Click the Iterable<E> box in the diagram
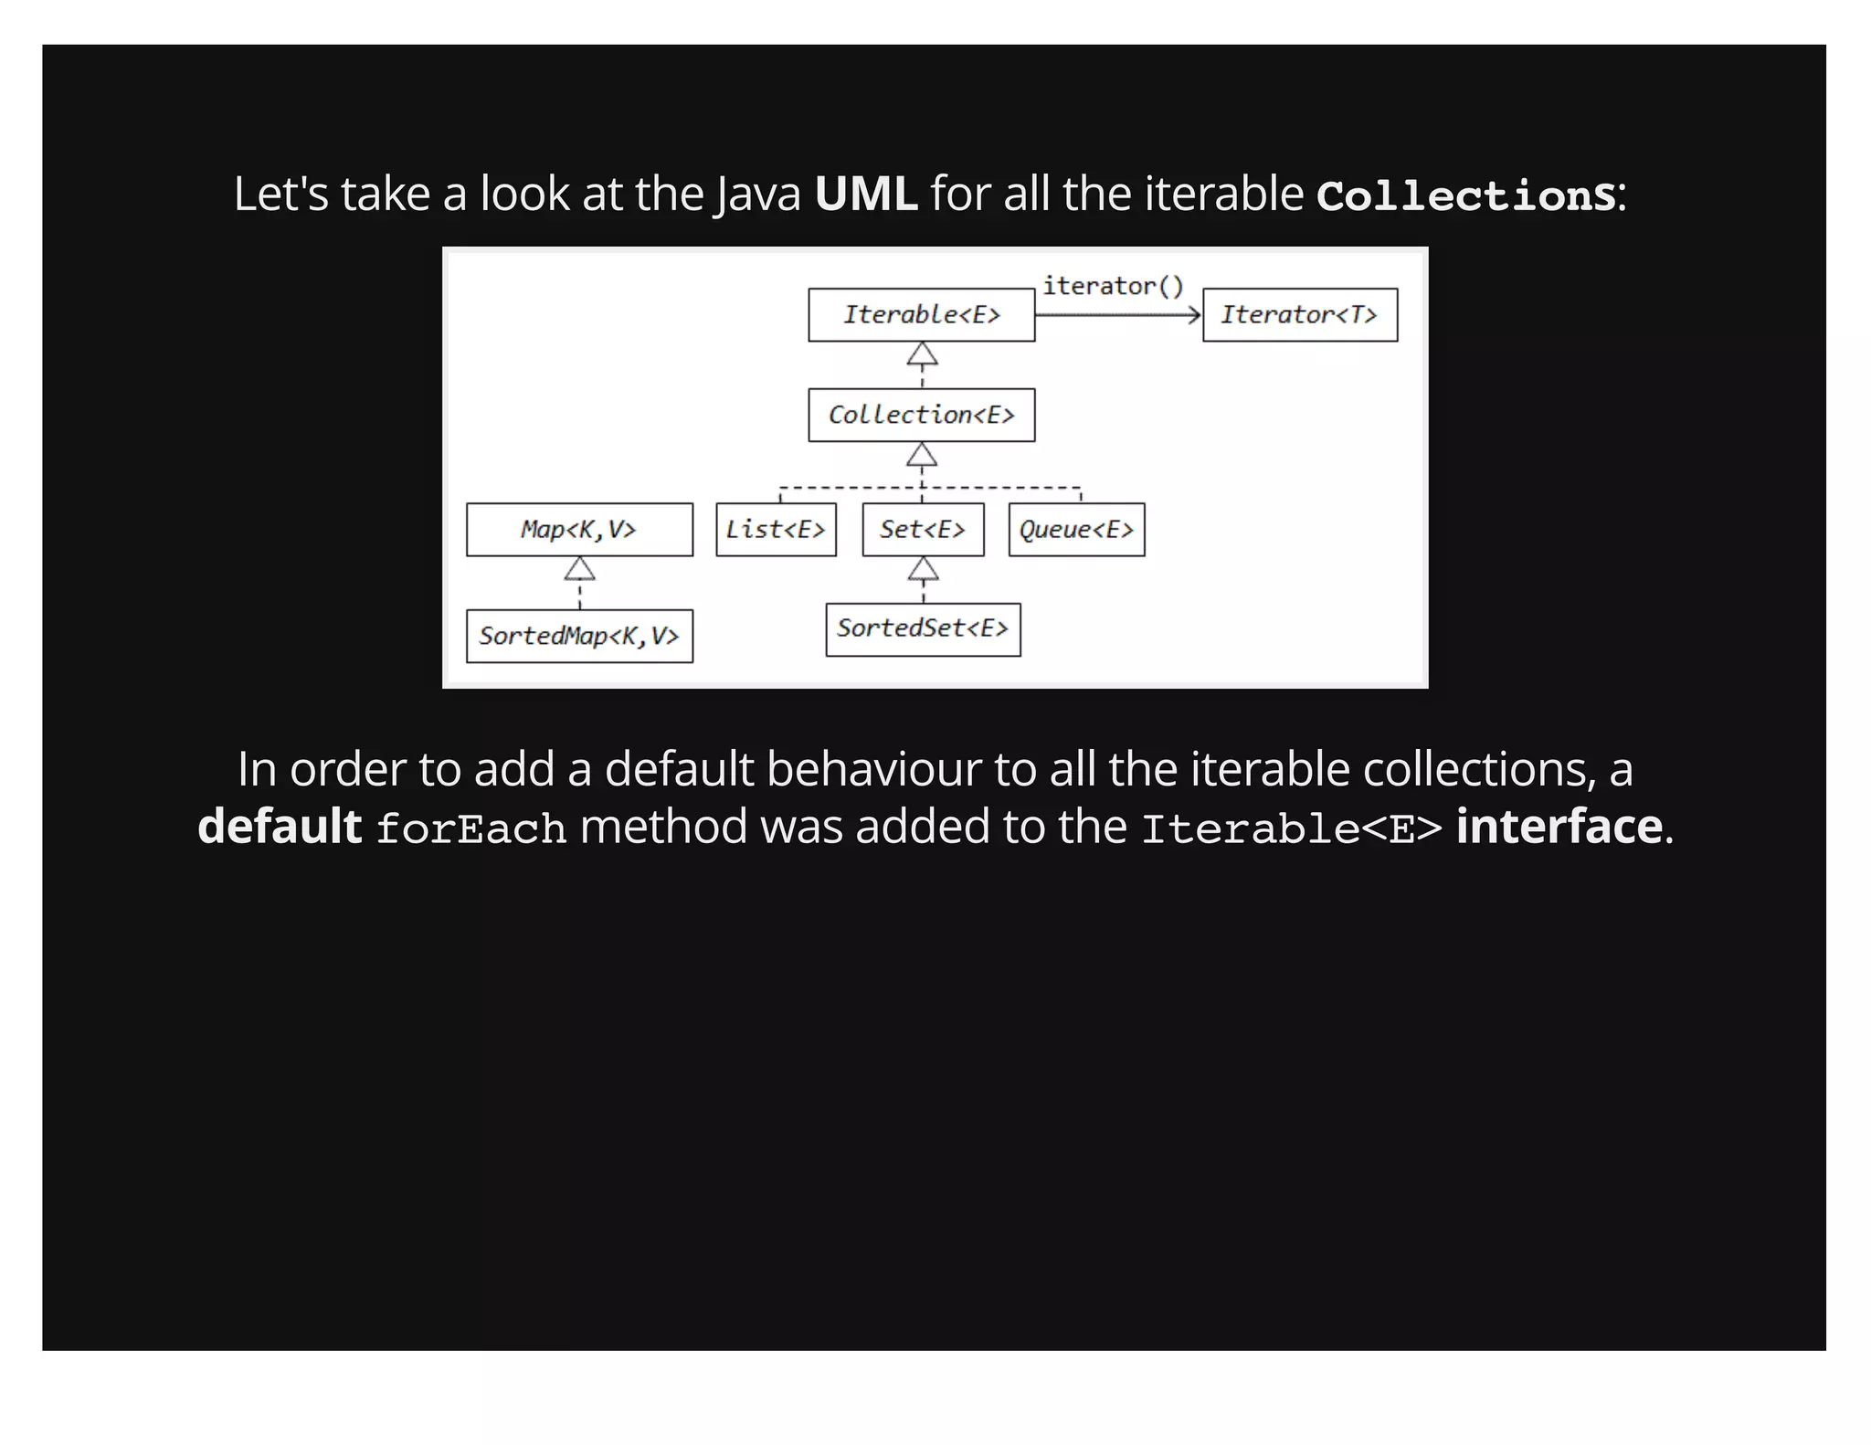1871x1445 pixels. (921, 315)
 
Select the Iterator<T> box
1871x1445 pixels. (1299, 315)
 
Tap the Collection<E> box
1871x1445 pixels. (921, 416)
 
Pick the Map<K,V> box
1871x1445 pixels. (579, 530)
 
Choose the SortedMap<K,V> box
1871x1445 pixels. (579, 636)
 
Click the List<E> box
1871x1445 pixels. (776, 530)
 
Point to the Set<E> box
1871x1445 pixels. (923, 530)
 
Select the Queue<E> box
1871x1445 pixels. (1076, 530)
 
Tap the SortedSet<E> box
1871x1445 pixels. (923, 629)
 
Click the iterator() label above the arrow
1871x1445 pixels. (1113, 286)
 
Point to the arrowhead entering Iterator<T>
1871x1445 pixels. (1193, 315)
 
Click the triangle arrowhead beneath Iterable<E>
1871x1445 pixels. (922, 354)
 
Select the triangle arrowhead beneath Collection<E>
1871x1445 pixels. (922, 455)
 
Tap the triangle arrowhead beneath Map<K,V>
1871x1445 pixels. (579, 569)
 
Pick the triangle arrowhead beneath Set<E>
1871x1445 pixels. (923, 569)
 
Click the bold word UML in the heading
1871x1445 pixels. (865, 195)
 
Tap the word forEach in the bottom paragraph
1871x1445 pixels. (470, 828)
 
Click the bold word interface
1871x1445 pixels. (1559, 827)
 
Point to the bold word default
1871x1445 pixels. (280, 827)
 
